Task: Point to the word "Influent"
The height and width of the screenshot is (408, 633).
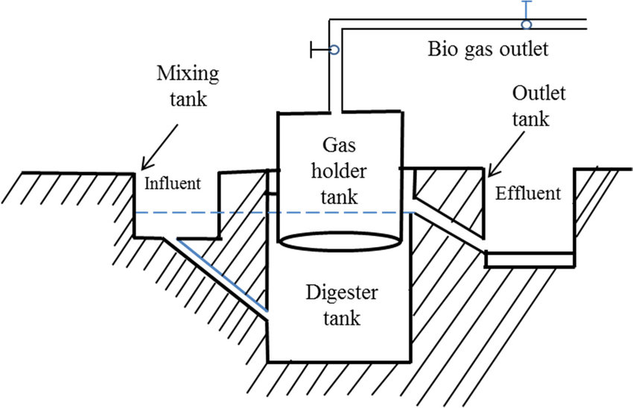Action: (x=172, y=183)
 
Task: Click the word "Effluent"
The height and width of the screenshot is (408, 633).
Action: (x=527, y=194)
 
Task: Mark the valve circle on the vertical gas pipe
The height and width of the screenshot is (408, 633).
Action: (x=334, y=50)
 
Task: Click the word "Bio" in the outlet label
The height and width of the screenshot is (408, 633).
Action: (x=442, y=51)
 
